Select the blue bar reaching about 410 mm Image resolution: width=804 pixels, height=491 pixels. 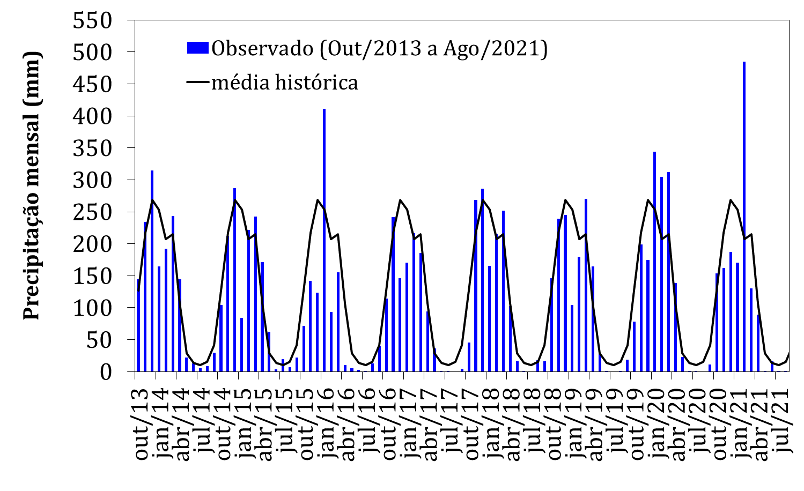(x=324, y=241)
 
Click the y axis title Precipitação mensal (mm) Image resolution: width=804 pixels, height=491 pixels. (x=32, y=185)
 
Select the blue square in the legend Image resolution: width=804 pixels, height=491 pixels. (x=197, y=49)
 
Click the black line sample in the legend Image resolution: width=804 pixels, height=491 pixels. (x=197, y=83)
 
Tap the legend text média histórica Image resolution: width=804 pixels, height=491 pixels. (x=284, y=83)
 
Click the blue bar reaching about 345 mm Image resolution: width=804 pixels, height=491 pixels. (x=654, y=263)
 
